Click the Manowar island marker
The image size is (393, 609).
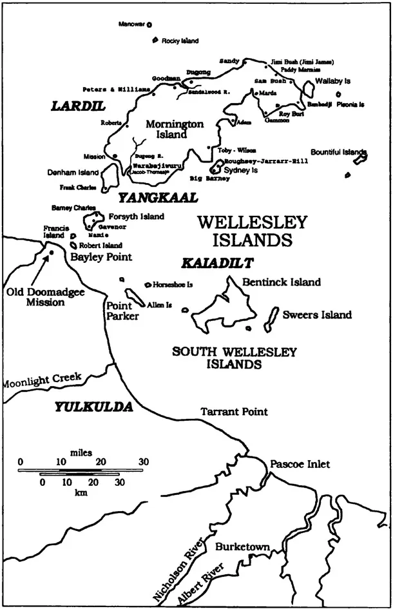(x=149, y=25)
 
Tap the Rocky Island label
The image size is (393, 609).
(x=180, y=41)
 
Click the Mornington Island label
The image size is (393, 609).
(x=175, y=129)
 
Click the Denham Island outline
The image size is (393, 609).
(x=109, y=175)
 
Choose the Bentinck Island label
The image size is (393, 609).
(x=281, y=282)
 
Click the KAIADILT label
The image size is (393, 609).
(x=216, y=263)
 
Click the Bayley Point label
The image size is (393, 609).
(x=101, y=256)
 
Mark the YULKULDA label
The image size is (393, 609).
(x=93, y=407)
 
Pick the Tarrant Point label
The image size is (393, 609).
(x=234, y=411)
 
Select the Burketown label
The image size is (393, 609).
(x=242, y=547)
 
